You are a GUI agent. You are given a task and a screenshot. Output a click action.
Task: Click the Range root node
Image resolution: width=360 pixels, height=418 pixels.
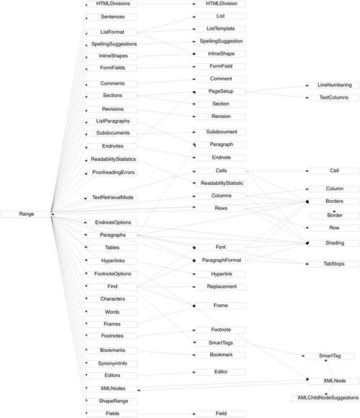(x=26, y=214)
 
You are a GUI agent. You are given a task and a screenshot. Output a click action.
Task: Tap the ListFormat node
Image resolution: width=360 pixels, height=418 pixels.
(x=112, y=32)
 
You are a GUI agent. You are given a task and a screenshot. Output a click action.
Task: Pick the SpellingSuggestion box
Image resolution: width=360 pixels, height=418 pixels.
(x=221, y=41)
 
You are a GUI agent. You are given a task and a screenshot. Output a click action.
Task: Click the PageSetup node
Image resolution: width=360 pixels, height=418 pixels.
(x=221, y=91)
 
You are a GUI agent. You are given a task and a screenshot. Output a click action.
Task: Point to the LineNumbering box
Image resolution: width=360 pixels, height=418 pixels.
(x=334, y=86)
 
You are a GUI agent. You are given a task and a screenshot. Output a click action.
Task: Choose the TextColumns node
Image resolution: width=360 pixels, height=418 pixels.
(x=334, y=98)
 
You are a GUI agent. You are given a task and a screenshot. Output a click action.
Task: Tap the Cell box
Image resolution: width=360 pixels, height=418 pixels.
(x=334, y=171)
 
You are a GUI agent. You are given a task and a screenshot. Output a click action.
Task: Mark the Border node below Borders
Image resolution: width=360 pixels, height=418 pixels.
(x=334, y=215)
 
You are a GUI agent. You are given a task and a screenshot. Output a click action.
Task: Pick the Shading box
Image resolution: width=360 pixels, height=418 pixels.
(x=334, y=243)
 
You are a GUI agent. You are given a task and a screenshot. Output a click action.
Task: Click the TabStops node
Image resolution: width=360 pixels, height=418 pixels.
(x=334, y=264)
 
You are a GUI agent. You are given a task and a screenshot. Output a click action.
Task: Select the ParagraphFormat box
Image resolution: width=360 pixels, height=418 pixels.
(x=221, y=260)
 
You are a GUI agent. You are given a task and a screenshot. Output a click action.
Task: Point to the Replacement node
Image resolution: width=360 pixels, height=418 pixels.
(x=221, y=287)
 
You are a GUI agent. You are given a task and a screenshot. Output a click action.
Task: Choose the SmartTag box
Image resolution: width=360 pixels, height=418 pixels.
(x=330, y=356)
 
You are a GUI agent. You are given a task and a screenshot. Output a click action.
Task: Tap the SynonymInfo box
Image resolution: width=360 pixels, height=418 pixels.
(x=112, y=363)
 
